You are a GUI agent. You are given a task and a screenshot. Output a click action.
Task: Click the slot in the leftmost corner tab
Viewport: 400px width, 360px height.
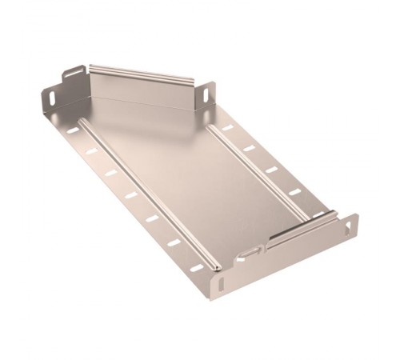(x=52, y=97)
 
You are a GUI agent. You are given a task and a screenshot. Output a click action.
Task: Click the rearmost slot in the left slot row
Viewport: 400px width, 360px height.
(x=73, y=130)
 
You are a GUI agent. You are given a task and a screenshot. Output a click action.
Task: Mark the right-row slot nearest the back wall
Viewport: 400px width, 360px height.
(x=227, y=127)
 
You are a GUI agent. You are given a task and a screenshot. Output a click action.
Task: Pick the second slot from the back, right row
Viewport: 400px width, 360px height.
(x=249, y=148)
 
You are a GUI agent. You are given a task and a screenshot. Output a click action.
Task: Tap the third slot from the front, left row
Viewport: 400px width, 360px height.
(x=152, y=218)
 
